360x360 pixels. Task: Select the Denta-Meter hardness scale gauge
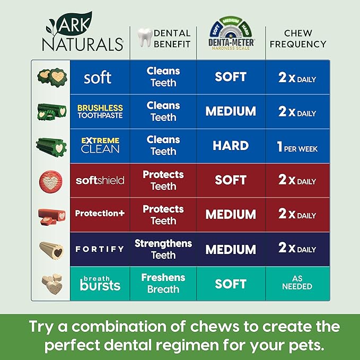pos(231,32)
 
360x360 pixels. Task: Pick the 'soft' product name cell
pos(98,77)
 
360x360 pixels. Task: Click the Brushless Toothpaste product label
pos(100,111)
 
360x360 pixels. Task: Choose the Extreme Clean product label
pos(100,145)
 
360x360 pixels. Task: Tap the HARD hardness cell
pos(231,146)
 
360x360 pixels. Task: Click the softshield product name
pos(100,180)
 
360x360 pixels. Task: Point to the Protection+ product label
pos(100,214)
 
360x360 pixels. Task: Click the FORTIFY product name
pos(100,249)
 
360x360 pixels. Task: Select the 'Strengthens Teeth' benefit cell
pos(163,249)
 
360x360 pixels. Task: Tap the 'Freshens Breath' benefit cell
pos(163,283)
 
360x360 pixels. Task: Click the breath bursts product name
pos(100,283)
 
